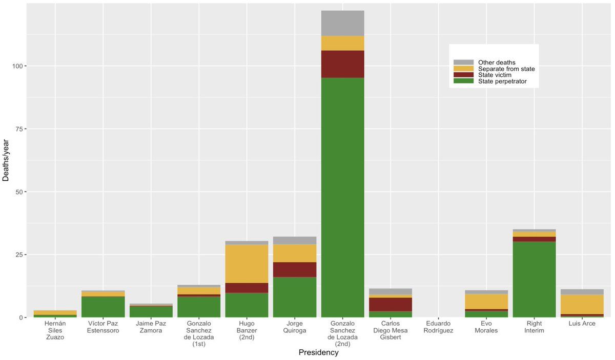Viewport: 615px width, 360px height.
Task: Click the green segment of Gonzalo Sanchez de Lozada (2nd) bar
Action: tap(342, 197)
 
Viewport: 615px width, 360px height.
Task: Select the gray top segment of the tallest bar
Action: tap(342, 23)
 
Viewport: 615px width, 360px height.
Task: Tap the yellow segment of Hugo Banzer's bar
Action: tap(247, 264)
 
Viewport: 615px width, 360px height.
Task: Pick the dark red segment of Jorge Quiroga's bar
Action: tap(295, 269)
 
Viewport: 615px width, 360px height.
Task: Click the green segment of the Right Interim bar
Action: tap(534, 279)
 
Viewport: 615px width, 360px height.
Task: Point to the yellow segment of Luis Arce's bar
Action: tap(582, 304)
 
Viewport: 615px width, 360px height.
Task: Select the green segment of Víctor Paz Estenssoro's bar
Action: tap(103, 307)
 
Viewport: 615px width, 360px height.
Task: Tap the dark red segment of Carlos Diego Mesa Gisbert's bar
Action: tap(391, 304)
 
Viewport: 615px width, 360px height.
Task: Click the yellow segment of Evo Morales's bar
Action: tap(486, 301)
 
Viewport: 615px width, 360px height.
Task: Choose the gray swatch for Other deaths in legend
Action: tap(463, 62)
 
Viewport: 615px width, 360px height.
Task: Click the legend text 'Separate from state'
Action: tap(506, 69)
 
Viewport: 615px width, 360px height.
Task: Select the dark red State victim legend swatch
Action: tap(463, 75)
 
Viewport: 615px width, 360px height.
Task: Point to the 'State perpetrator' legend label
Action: tap(502, 81)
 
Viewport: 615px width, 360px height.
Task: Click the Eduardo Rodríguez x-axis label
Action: tap(438, 327)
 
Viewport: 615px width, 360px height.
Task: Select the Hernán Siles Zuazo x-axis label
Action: tap(55, 330)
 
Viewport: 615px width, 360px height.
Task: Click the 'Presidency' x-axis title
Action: tap(318, 353)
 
